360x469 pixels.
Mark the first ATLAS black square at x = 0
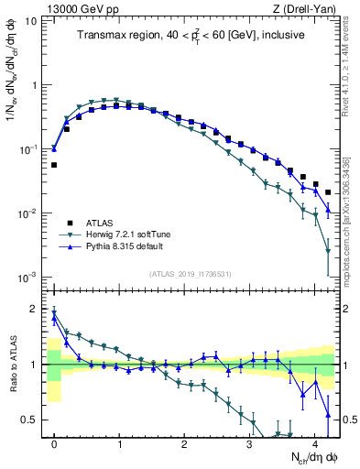54,165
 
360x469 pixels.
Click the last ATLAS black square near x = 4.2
328,192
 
